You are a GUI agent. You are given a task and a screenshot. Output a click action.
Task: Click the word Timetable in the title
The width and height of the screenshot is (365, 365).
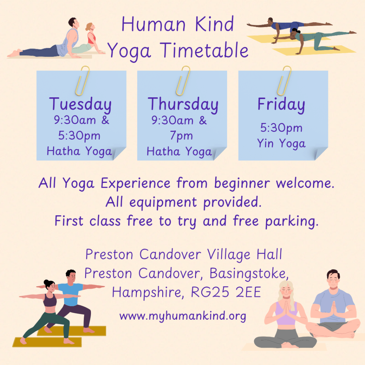pos(204,50)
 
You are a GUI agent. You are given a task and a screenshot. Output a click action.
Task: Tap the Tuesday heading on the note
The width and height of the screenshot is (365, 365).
pos(80,104)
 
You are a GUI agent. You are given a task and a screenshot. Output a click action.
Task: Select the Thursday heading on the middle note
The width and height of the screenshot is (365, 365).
pos(183,104)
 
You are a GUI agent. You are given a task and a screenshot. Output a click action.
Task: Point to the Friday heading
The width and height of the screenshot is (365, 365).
pos(281,104)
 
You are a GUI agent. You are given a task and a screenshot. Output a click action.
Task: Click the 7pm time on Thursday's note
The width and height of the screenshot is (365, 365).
pos(181,136)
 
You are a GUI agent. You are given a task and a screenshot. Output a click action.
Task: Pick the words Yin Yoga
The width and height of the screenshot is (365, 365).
pos(281,143)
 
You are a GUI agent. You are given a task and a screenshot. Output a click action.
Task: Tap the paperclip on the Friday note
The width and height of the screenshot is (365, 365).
pos(284,81)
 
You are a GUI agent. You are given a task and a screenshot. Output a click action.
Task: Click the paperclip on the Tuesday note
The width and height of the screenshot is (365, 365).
pos(82,81)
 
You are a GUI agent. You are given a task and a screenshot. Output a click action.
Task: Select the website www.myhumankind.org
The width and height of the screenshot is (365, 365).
pos(183,316)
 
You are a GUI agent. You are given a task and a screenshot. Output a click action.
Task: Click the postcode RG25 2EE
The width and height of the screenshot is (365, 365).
pos(226,292)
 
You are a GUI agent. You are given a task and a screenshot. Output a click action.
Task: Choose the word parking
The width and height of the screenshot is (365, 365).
pos(292,221)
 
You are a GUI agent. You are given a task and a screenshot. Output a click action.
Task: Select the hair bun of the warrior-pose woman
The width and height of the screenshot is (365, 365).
pos(46,282)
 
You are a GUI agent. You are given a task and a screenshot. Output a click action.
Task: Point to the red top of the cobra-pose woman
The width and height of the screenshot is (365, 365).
pos(92,38)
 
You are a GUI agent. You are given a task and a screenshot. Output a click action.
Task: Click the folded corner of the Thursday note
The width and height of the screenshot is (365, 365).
pos(220,153)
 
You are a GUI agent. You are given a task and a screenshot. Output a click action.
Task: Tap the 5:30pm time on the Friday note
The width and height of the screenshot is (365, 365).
pos(281,128)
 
